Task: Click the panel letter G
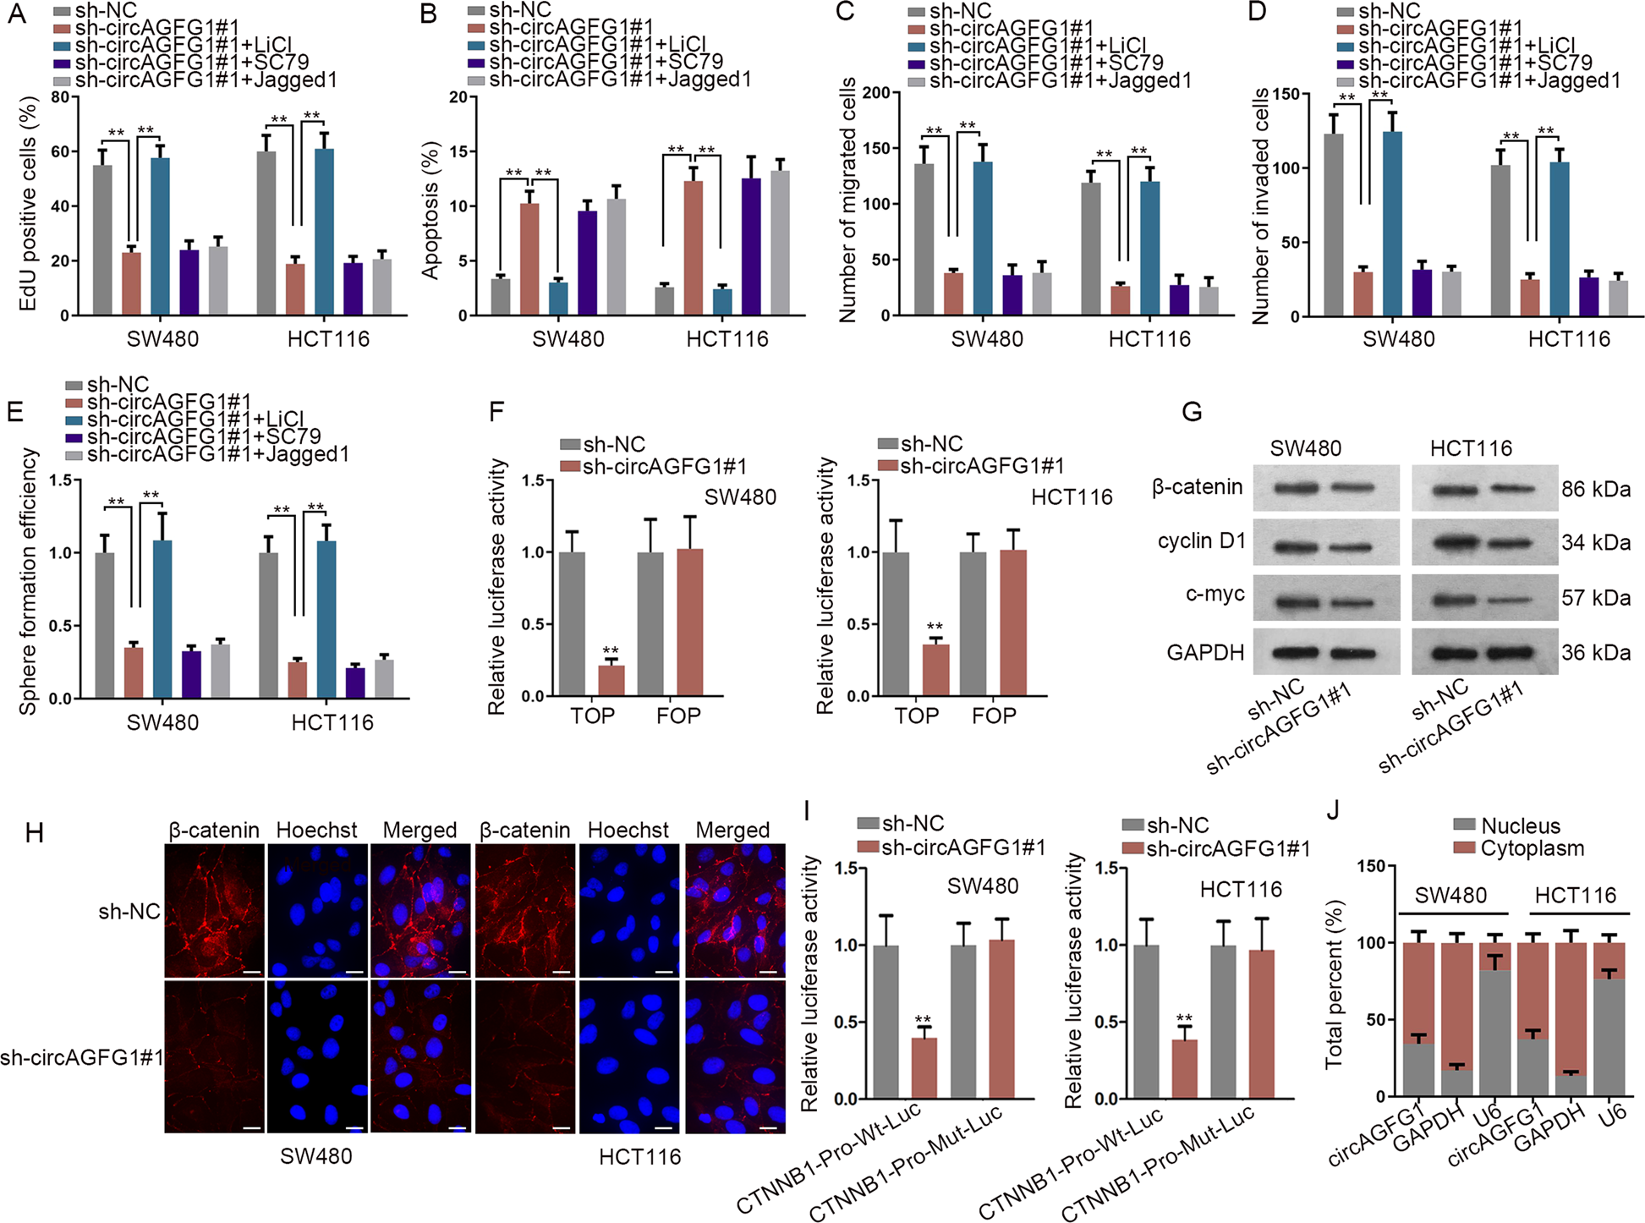[x=1191, y=413]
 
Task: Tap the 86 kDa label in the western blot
[x=1596, y=490]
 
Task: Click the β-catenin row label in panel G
[x=1197, y=487]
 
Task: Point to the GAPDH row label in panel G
[x=1205, y=653]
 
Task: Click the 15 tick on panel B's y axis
[x=458, y=152]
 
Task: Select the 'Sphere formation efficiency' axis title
[x=29, y=582]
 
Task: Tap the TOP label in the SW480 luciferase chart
[x=592, y=716]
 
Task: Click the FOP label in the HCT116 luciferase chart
[x=994, y=716]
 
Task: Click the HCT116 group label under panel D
[x=1569, y=339]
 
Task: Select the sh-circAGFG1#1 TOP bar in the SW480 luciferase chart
[x=611, y=681]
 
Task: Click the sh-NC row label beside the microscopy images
[x=129, y=912]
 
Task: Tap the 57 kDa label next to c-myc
[x=1596, y=598]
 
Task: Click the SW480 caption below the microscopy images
[x=316, y=1156]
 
